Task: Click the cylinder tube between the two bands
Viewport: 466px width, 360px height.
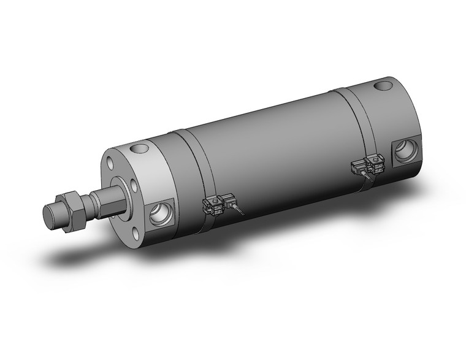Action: [270, 153]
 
